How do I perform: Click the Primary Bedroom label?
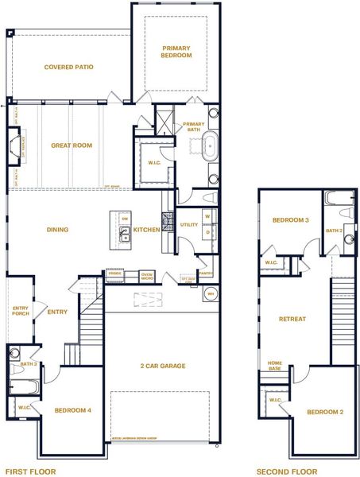(x=176, y=52)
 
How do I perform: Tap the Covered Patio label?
(x=69, y=67)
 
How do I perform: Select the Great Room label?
(x=72, y=145)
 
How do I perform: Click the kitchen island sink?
(x=125, y=233)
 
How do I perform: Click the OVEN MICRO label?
(x=147, y=277)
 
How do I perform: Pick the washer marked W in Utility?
(x=207, y=215)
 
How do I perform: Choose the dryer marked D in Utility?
(x=207, y=232)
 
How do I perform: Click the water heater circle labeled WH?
(x=211, y=293)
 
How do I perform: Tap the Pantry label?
(x=205, y=273)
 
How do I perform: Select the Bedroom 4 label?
(x=73, y=410)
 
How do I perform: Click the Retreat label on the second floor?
(x=292, y=319)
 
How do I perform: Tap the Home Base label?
(x=275, y=365)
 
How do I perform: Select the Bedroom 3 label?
(x=290, y=220)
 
